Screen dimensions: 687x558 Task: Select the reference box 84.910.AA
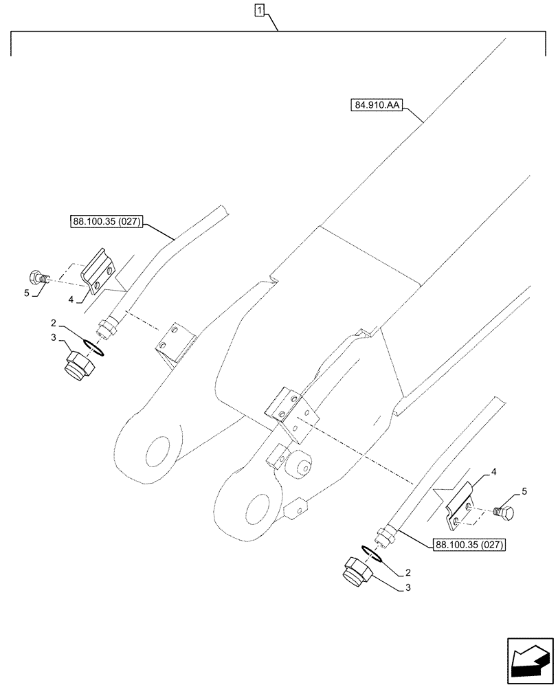378,106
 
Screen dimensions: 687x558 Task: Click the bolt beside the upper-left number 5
37,278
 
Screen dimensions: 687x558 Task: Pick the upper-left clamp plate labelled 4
96,275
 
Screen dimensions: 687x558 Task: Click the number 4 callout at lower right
493,473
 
